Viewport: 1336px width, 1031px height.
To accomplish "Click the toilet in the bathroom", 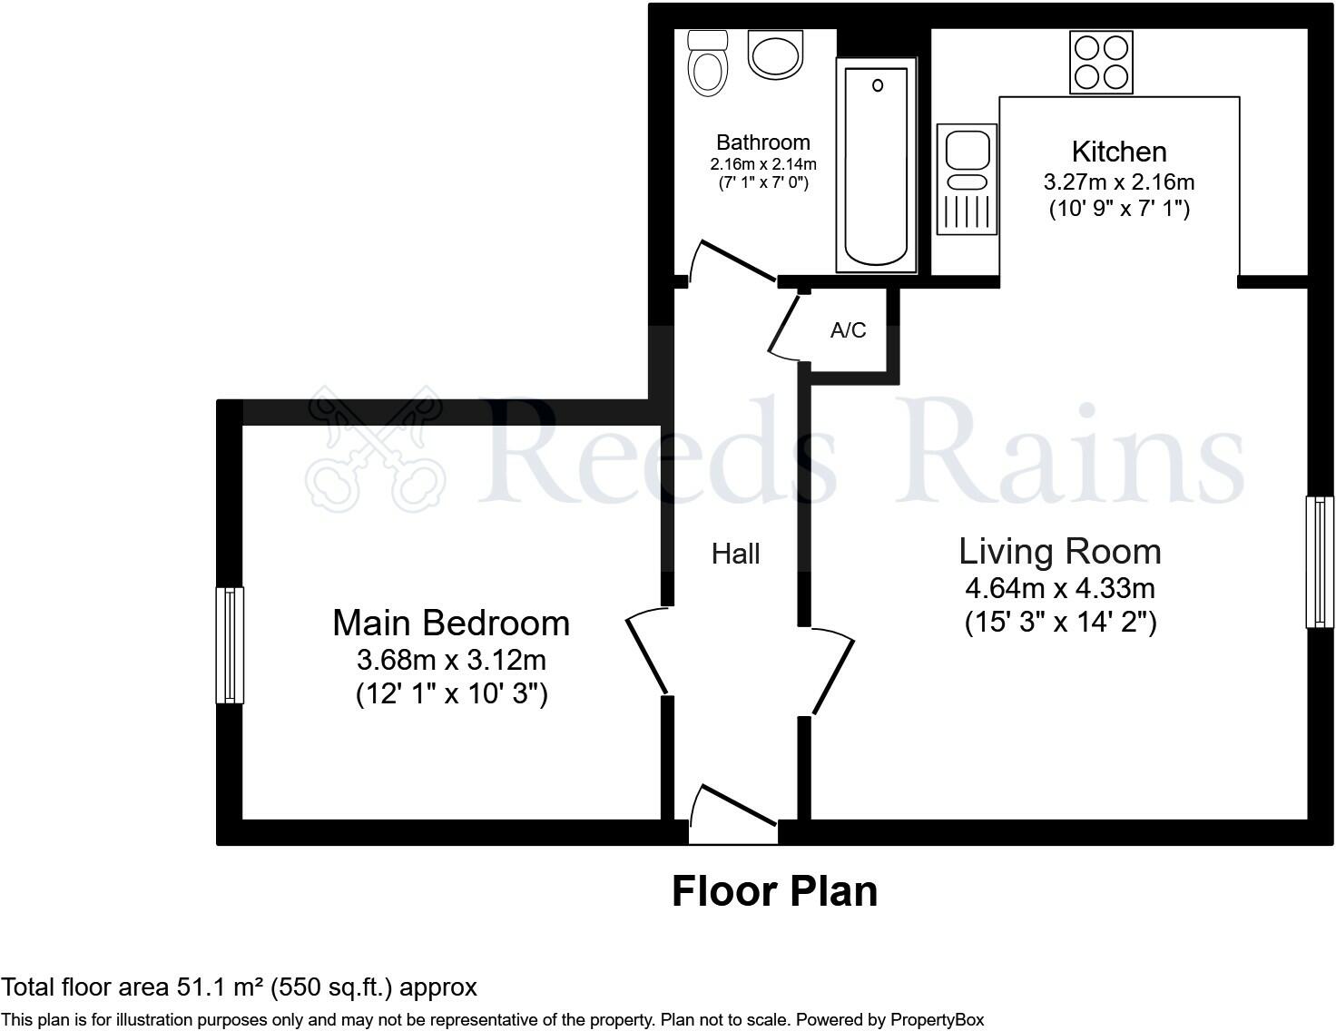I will tap(707, 64).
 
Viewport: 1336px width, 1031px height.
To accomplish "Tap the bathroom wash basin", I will tap(776, 54).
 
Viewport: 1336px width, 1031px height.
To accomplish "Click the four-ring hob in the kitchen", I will tap(1101, 62).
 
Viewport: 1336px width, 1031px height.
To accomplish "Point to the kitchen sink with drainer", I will tap(967, 179).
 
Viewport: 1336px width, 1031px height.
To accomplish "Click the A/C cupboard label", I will tap(848, 330).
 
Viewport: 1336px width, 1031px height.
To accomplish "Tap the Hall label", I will tap(735, 555).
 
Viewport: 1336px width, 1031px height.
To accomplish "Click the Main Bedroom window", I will tap(230, 644).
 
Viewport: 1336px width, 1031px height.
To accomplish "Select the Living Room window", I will tap(1320, 561).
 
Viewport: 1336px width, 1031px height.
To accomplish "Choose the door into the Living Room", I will tap(831, 670).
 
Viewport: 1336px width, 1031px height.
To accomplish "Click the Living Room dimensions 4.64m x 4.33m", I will tap(1059, 589).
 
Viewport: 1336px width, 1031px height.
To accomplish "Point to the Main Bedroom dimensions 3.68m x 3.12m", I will tap(451, 659).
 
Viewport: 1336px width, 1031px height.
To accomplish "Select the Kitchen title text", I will tap(1118, 152).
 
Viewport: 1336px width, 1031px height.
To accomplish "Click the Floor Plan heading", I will tap(774, 891).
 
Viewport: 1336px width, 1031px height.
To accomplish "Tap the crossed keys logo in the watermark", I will tap(374, 447).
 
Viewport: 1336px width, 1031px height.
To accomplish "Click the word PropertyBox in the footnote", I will tap(937, 1020).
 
